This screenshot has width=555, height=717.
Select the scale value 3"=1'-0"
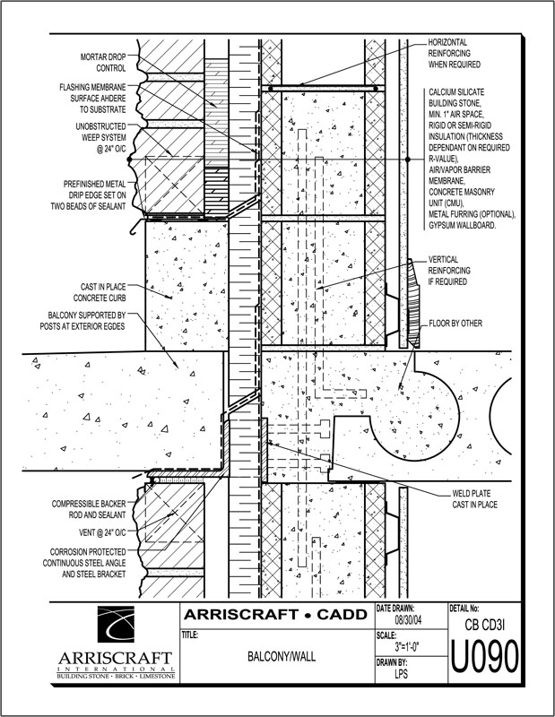[x=404, y=645]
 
